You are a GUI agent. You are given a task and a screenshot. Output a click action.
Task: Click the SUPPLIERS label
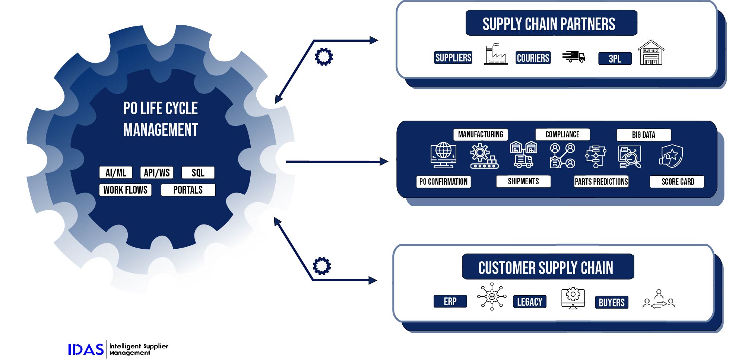point(453,58)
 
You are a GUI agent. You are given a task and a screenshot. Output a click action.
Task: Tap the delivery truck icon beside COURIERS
point(573,57)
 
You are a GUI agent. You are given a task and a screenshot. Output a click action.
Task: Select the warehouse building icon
point(651,53)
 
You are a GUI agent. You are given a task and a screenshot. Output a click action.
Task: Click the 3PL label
point(615,59)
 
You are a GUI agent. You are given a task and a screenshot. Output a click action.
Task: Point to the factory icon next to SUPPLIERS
point(496,55)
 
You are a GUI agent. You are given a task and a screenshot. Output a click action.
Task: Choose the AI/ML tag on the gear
point(116,173)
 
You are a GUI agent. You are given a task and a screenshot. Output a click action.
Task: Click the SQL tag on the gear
point(198,173)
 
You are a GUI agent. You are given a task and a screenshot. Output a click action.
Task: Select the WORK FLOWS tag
point(125,190)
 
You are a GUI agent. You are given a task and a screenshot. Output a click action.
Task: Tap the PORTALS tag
point(188,190)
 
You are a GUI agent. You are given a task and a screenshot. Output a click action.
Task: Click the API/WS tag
point(157,173)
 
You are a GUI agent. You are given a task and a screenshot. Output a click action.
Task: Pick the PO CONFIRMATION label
point(443,182)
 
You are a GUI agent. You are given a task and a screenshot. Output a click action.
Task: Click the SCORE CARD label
point(677,182)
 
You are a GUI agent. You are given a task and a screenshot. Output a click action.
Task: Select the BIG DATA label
point(643,135)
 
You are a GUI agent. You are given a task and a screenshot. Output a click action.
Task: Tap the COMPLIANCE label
point(562,134)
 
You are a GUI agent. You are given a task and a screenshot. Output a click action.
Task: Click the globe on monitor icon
point(443,155)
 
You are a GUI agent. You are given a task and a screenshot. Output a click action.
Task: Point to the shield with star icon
point(671,156)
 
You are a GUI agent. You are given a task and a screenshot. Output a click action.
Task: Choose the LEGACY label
point(529,302)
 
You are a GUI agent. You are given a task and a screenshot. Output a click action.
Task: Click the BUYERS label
point(611,303)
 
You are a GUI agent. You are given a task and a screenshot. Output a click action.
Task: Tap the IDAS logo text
point(86,350)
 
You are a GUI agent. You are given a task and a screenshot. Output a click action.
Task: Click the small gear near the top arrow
point(324,57)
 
